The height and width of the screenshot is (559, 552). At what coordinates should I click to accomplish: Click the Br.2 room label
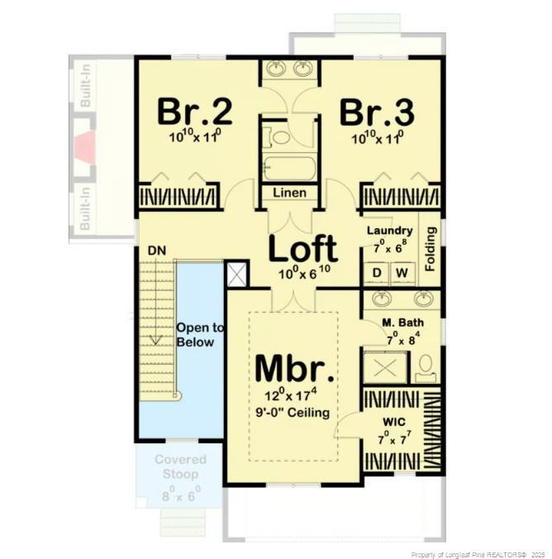[x=193, y=110]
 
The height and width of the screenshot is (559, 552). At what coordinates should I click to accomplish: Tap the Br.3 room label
[x=376, y=110]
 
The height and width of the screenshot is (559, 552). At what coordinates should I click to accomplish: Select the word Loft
[x=303, y=247]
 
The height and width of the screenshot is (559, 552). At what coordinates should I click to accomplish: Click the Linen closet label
[x=289, y=193]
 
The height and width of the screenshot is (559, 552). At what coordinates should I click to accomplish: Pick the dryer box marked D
[x=377, y=272]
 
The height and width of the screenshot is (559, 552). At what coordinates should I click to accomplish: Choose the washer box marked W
[x=403, y=272]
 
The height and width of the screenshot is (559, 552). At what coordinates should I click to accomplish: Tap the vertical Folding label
[x=430, y=248]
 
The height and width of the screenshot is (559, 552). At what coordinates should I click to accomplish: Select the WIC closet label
[x=393, y=422]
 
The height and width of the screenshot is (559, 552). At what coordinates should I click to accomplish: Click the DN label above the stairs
[x=157, y=249]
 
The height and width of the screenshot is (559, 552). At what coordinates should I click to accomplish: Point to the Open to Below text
[x=195, y=334]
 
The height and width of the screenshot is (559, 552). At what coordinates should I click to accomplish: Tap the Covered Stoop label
[x=180, y=467]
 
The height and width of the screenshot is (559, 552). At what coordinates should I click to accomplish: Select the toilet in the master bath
[x=426, y=366]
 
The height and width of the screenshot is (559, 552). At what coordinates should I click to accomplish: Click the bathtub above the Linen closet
[x=288, y=169]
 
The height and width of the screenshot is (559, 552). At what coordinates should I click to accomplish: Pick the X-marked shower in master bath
[x=386, y=365]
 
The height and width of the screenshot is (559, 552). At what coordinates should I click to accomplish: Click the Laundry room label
[x=389, y=231]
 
